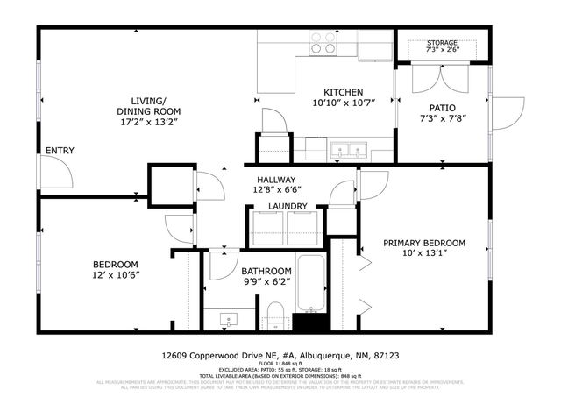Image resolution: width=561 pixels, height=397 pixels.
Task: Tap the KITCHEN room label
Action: pyautogui.click(x=343, y=92)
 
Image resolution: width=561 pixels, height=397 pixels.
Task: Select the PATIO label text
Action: pyautogui.click(x=442, y=108)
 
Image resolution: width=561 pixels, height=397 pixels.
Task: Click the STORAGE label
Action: pyautogui.click(x=443, y=43)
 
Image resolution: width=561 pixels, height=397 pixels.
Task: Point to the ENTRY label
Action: pyautogui.click(x=60, y=151)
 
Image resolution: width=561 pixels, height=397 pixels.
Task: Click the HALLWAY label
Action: pyautogui.click(x=277, y=179)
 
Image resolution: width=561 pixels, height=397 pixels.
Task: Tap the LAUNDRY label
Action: pyautogui.click(x=288, y=207)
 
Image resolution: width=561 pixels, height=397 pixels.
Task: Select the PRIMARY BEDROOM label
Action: pyautogui.click(x=423, y=243)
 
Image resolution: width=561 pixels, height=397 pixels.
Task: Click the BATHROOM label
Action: pyautogui.click(x=266, y=272)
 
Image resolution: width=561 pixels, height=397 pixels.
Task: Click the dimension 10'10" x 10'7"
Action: pyautogui.click(x=343, y=103)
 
